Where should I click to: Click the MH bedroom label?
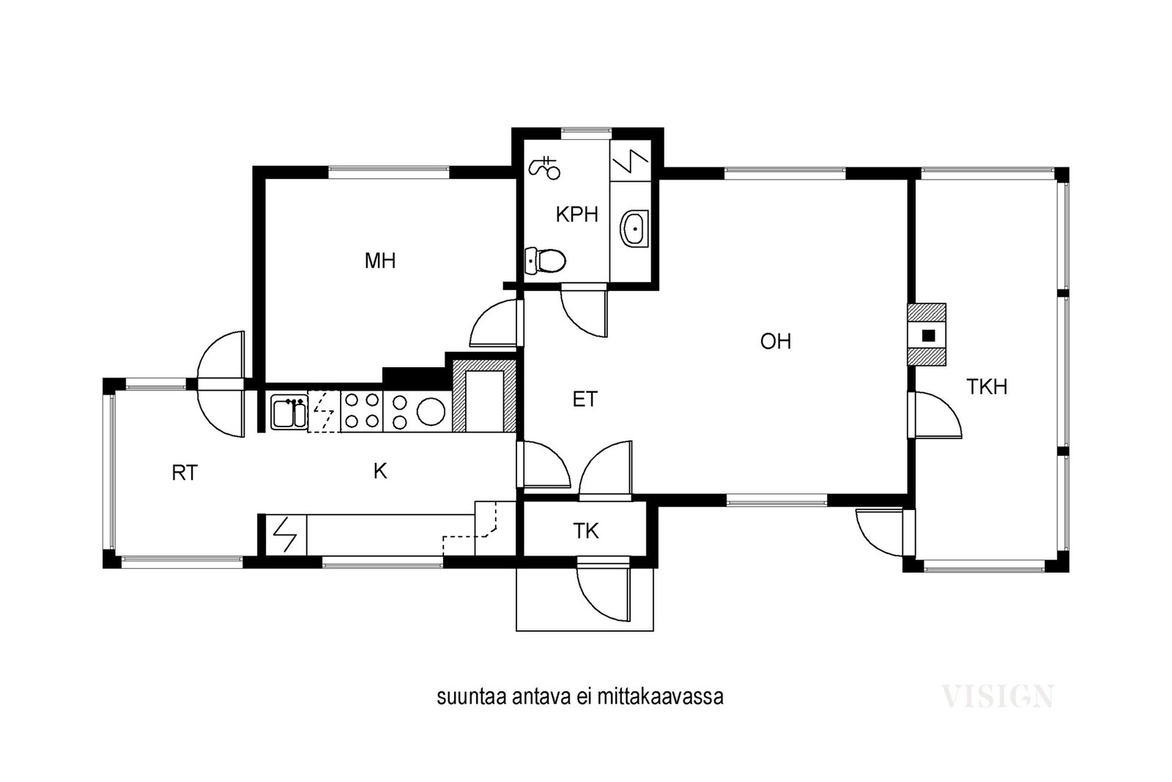(380, 261)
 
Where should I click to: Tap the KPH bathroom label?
(576, 215)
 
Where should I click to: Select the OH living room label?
(776, 342)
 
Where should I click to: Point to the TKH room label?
(987, 387)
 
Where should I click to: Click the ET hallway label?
(585, 400)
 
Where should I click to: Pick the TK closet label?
(585, 531)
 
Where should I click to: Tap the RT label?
(185, 473)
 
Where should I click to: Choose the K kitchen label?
(380, 471)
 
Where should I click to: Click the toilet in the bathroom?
(545, 261)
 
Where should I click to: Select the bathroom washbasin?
(634, 229)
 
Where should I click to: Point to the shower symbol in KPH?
(545, 168)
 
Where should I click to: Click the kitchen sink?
(289, 413)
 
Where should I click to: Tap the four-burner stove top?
(362, 411)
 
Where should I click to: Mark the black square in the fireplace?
(928, 336)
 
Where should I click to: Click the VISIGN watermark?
(997, 697)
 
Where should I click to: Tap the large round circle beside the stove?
(431, 411)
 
